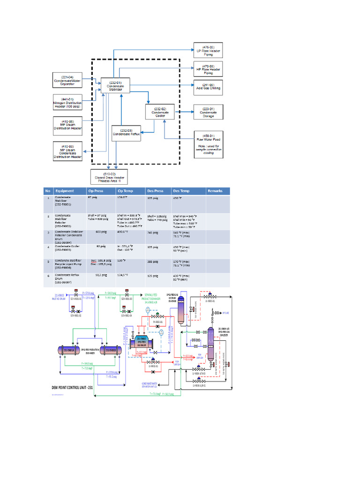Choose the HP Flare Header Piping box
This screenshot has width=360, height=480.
[208, 69]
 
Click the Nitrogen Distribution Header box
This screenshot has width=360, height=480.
[67, 103]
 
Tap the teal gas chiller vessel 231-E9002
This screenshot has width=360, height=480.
[143, 342]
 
